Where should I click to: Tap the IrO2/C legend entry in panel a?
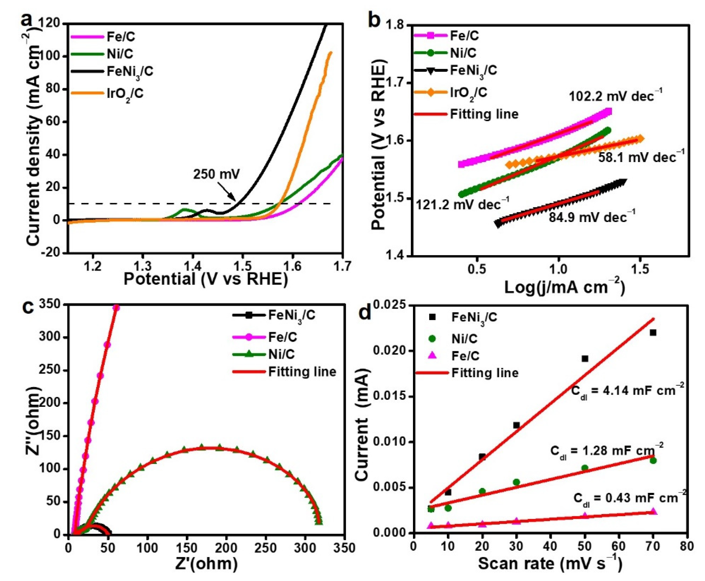[125, 93]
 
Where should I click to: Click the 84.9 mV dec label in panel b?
[592, 218]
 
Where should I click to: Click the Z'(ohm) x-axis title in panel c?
[206, 564]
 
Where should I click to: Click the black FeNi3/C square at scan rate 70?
[653, 333]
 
